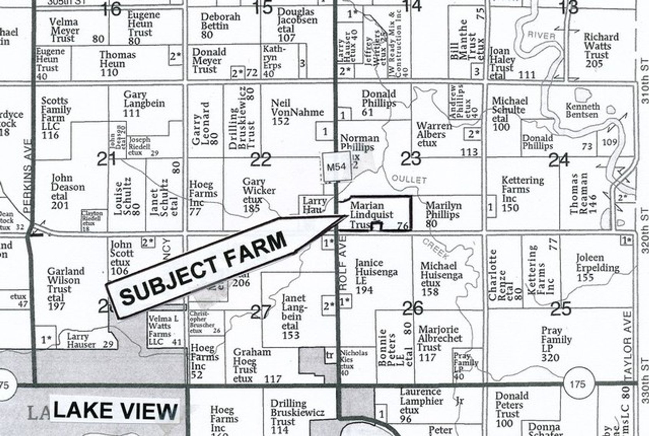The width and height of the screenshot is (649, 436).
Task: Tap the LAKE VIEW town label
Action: tap(115, 411)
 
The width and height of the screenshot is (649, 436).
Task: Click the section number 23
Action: tap(411, 158)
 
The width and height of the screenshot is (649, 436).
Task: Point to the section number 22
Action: tap(261, 159)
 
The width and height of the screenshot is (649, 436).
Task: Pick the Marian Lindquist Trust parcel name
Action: tap(371, 215)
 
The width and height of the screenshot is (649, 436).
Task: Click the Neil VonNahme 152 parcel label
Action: tap(297, 112)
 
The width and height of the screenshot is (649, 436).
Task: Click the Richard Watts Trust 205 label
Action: tap(601, 50)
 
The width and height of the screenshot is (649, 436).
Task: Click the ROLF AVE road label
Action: tap(343, 263)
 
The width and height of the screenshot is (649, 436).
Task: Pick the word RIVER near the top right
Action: tap(541, 35)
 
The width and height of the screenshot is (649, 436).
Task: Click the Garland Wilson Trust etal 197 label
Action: tap(63, 289)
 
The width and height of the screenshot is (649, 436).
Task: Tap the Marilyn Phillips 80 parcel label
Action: tap(443, 214)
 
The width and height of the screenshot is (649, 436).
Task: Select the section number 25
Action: tap(561, 308)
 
